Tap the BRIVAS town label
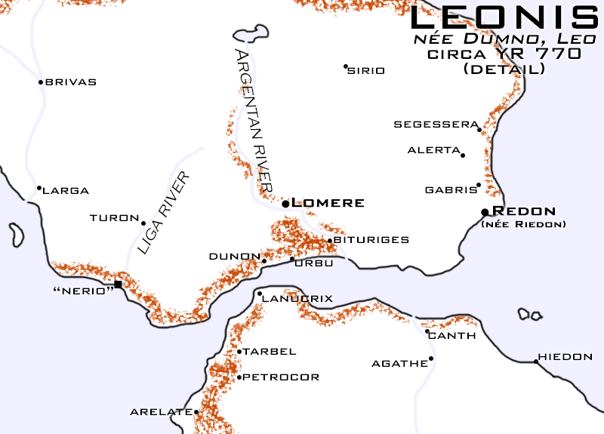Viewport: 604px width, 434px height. click(x=71, y=82)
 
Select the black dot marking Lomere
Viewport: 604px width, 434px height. click(x=285, y=204)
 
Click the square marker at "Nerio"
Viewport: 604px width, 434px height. click(x=118, y=284)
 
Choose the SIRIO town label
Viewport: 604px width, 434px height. click(x=367, y=71)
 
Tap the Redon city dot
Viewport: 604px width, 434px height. click(x=485, y=212)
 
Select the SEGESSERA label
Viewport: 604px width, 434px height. click(x=436, y=124)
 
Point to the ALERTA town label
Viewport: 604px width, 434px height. click(x=433, y=150)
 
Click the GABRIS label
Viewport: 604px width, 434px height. click(x=451, y=189)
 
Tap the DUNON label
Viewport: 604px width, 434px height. click(x=235, y=257)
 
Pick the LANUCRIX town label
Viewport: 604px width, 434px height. click(x=297, y=299)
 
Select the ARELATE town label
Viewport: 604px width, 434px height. click(x=161, y=412)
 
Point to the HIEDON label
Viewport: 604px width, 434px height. click(x=565, y=357)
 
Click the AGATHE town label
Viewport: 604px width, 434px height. click(x=399, y=364)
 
